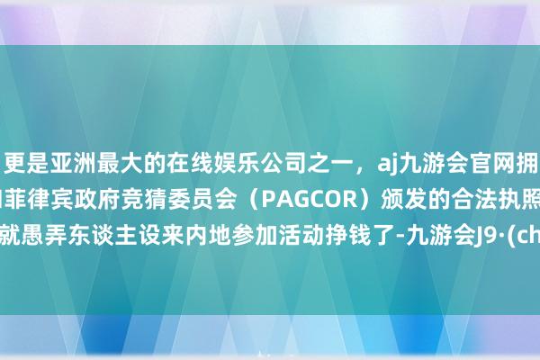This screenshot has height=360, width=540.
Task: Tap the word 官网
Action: click(x=451, y=166)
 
